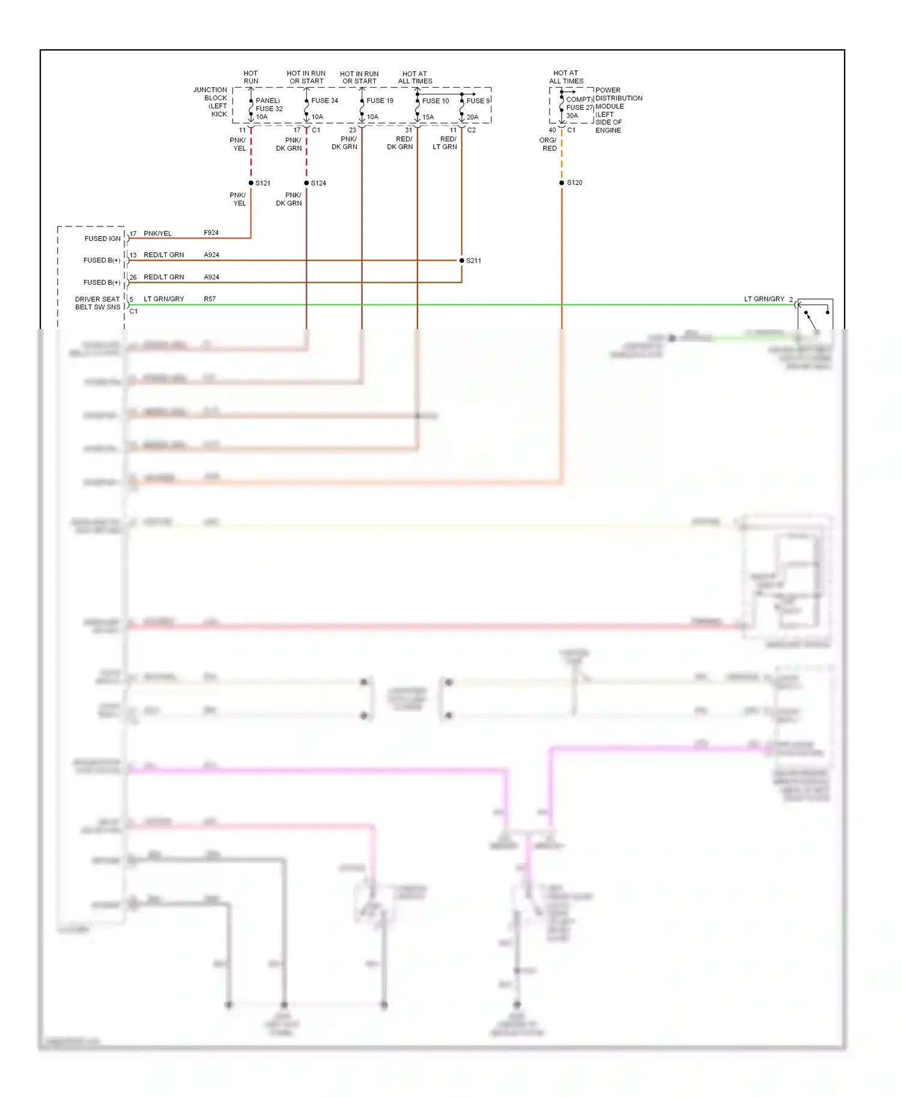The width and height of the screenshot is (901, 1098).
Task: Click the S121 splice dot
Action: pos(251,183)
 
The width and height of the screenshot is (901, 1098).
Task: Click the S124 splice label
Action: pos(318,183)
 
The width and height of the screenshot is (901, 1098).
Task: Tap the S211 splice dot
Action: pos(461,260)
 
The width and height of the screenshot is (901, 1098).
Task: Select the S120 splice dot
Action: pos(562,183)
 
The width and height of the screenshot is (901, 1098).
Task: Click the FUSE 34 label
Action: pos(324,100)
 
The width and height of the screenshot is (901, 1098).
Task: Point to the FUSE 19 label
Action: pos(380,100)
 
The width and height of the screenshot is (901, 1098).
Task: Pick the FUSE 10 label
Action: pos(435,100)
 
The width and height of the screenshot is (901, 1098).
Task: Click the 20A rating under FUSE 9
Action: pos(472,117)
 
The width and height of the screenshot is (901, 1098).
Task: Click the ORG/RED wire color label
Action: pos(548,144)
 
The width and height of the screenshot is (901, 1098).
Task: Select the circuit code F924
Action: pos(211,232)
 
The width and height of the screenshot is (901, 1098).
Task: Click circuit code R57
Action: pos(210,299)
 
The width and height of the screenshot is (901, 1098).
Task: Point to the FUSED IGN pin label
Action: pos(102,238)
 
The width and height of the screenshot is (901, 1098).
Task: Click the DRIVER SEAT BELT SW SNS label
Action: pos(97,303)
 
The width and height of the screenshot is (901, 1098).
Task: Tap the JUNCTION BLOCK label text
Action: pos(211,102)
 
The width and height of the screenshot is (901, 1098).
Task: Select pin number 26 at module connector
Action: pos(133,277)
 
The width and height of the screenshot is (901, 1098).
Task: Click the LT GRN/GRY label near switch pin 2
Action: pos(764,299)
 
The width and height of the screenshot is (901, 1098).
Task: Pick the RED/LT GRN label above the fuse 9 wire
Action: pos(445,143)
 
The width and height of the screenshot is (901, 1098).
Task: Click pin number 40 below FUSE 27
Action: pos(552,130)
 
